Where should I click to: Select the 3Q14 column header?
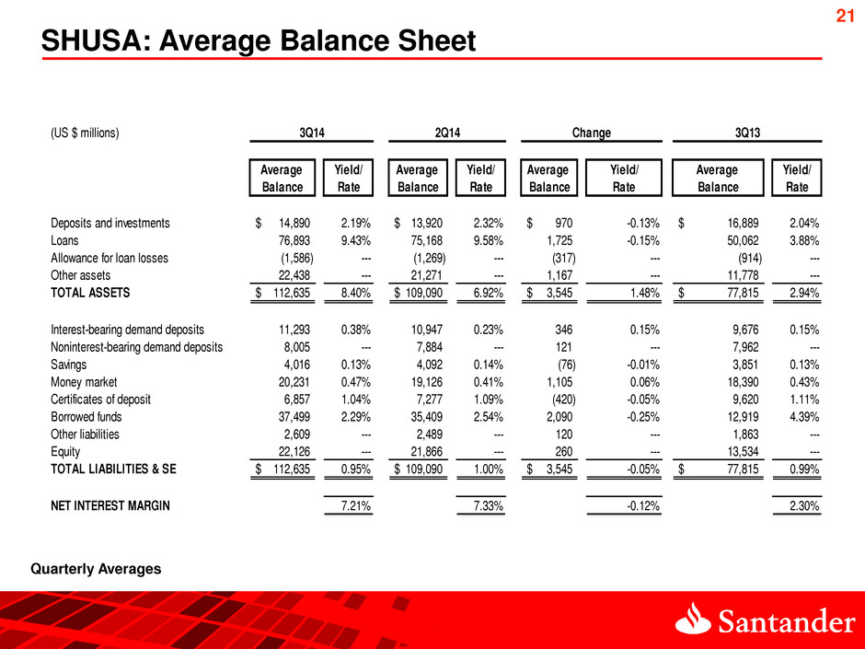coord(316,133)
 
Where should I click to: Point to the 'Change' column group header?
coord(592,133)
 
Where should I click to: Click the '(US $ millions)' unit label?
coord(85,133)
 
